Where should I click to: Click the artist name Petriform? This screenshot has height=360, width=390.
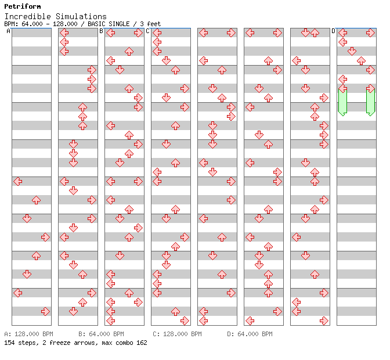point(23,6)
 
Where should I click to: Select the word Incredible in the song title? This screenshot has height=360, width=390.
point(28,16)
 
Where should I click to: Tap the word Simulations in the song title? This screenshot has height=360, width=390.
point(81,16)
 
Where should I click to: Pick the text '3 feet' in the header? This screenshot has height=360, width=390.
point(150,24)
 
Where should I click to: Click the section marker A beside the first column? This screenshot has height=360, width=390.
point(8,31)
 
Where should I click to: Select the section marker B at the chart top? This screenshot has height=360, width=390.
point(101,31)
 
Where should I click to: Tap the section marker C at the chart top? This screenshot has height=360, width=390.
point(148,31)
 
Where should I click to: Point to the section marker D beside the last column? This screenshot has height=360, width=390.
point(334,31)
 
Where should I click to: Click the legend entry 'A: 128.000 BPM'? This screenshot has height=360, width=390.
point(28,334)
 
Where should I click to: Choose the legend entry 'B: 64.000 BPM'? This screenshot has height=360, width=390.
point(101,334)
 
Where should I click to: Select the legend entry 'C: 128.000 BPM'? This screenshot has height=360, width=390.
point(177,334)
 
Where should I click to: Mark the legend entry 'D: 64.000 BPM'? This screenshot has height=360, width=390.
point(250,334)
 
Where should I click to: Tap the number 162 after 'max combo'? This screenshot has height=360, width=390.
point(142,343)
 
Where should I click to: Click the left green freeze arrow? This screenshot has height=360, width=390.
point(343,102)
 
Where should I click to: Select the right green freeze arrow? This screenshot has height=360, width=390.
point(371,102)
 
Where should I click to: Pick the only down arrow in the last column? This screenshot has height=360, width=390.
point(352,51)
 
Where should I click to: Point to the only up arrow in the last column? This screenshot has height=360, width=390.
point(361,61)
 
